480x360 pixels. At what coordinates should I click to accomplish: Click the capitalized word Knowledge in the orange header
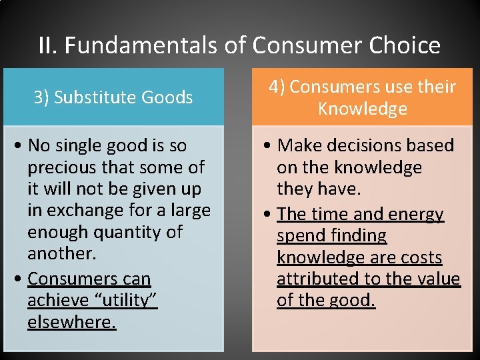[x=362, y=109]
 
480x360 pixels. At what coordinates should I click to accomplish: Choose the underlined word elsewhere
[x=71, y=322]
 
